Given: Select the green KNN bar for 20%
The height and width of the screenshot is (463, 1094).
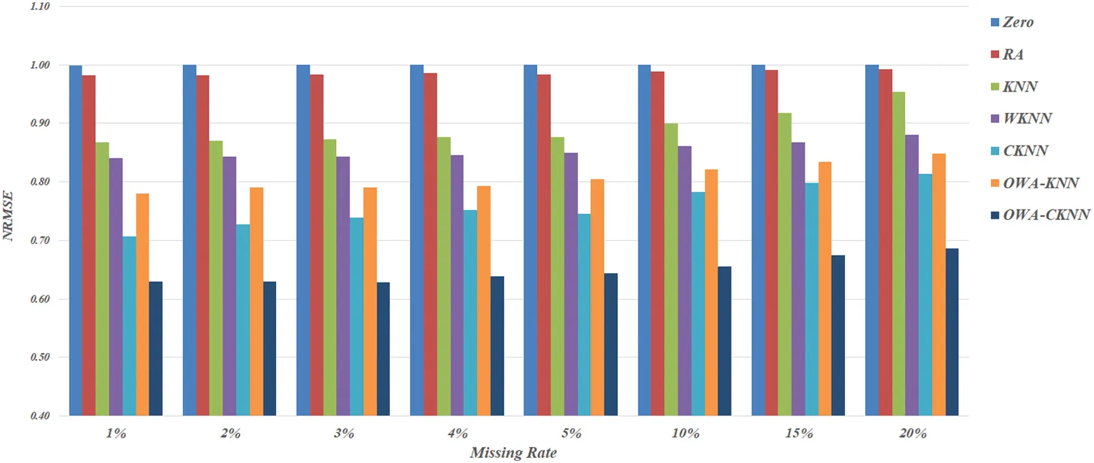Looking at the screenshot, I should [x=898, y=254].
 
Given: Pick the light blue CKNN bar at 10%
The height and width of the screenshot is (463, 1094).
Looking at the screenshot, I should [x=698, y=304].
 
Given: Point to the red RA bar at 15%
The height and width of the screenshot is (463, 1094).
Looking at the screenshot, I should [x=772, y=242].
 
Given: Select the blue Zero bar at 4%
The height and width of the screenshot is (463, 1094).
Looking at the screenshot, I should [x=417, y=240].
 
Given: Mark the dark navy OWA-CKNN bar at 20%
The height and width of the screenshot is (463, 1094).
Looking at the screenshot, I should [x=952, y=332].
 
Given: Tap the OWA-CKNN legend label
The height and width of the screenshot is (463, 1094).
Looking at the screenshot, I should [x=1046, y=215].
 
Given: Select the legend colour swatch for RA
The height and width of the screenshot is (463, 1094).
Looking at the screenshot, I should [x=995, y=54].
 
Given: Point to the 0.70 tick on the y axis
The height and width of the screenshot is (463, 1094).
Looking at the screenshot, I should [x=40, y=240].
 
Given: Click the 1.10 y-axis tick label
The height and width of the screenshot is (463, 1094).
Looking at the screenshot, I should [x=40, y=6].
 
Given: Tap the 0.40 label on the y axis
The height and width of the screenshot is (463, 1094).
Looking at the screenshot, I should [x=40, y=416].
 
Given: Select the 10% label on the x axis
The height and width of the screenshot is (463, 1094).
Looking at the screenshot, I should [x=685, y=433].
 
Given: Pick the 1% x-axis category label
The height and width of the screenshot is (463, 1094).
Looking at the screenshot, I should [x=116, y=433].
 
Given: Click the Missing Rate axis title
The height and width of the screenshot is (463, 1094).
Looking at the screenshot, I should [x=513, y=452].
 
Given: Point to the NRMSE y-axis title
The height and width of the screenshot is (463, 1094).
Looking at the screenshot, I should [x=8, y=215].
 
